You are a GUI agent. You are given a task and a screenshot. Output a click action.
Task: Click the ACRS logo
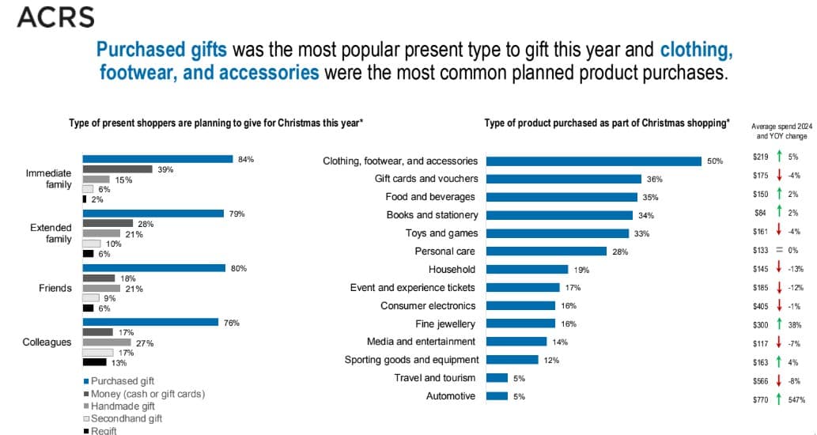click(x=55, y=17)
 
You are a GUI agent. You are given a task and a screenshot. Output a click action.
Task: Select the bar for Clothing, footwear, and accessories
click(x=593, y=161)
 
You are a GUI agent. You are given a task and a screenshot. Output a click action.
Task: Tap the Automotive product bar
click(x=497, y=396)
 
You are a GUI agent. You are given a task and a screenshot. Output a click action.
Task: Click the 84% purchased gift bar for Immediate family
click(x=157, y=159)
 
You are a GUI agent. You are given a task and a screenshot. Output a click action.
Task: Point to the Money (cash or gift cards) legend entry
click(x=147, y=394)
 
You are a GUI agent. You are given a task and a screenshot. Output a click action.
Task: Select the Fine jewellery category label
click(x=445, y=323)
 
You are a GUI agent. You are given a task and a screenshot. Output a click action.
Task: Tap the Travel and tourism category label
click(x=435, y=378)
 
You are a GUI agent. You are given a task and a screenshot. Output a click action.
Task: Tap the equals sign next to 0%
click(x=780, y=250)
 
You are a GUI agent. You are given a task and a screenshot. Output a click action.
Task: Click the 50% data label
click(x=715, y=161)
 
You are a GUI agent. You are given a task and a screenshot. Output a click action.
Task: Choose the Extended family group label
click(x=51, y=233)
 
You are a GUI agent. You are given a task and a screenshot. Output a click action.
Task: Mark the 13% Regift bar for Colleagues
click(x=95, y=362)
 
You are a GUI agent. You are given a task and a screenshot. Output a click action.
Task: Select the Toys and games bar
click(x=558, y=233)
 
